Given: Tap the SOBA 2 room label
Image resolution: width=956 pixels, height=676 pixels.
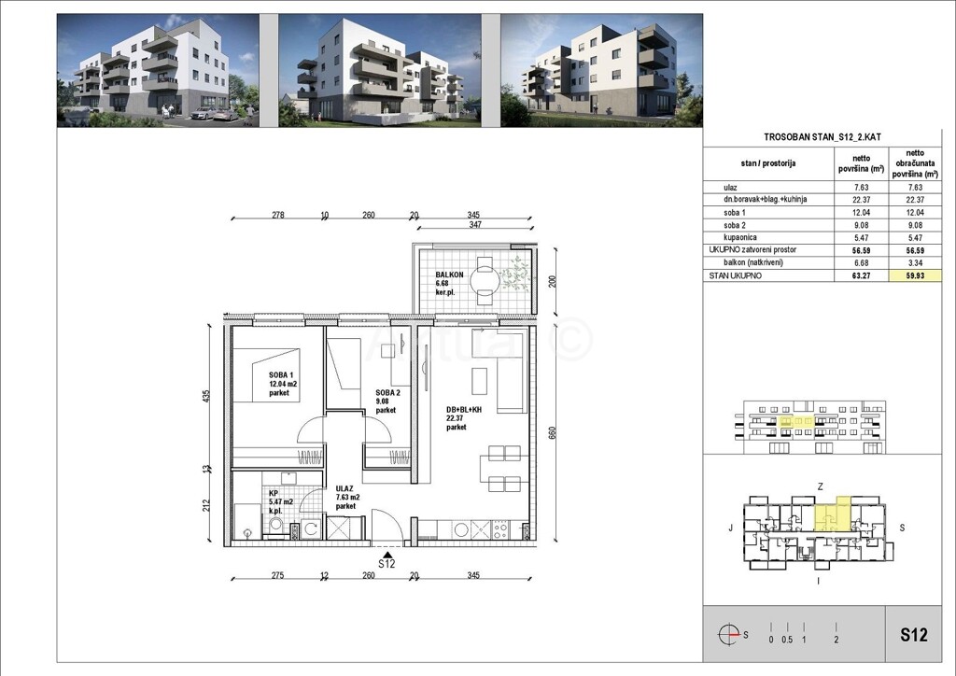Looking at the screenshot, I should click(x=387, y=393).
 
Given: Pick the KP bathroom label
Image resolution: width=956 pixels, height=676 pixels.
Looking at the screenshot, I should click(x=274, y=493).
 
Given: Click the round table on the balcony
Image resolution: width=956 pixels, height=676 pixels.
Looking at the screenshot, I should click(x=485, y=278).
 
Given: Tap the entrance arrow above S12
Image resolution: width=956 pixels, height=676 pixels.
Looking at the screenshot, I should click(x=386, y=552).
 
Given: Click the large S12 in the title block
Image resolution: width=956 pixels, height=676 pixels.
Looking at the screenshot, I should click(x=914, y=636).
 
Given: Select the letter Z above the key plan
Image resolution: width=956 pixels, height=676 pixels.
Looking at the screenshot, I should click(x=819, y=487).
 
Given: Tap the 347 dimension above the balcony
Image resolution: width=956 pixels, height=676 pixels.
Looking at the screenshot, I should click(x=477, y=226).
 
